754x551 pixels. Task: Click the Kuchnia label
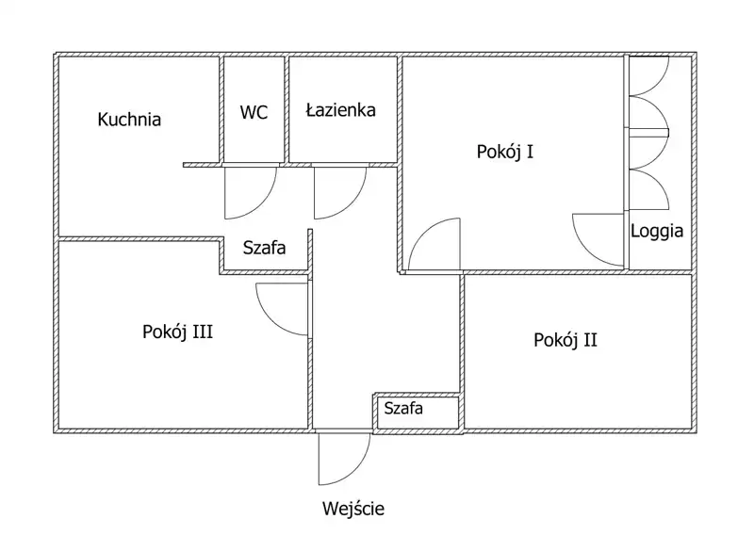pos(129,120)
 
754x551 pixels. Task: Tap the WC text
pos(254,112)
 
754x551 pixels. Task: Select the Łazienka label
pos(340,110)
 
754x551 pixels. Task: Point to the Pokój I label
pos(506,150)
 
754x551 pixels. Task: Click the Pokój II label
pos(565,340)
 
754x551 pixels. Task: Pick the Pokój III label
pos(177,332)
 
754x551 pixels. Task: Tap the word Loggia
pos(657,230)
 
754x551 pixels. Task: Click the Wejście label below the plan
pos(353,510)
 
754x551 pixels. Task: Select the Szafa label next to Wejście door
pos(402,409)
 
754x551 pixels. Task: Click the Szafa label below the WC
pos(264,249)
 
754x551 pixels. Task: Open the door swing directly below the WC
pos(247,192)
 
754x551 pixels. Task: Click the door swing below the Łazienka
pos(337,192)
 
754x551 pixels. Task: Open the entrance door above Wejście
pos(341,458)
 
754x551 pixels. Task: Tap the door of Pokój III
pos(283,309)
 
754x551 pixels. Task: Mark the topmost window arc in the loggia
pos(650,77)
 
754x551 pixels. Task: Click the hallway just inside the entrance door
pos(343,396)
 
